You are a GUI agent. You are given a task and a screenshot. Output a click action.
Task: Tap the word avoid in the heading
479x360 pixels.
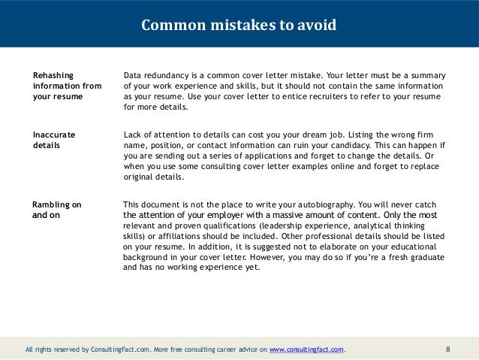(x=318, y=26)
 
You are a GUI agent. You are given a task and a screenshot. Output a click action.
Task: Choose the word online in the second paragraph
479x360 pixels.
(x=317, y=166)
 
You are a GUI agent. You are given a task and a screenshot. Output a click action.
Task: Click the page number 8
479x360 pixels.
(x=448, y=349)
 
